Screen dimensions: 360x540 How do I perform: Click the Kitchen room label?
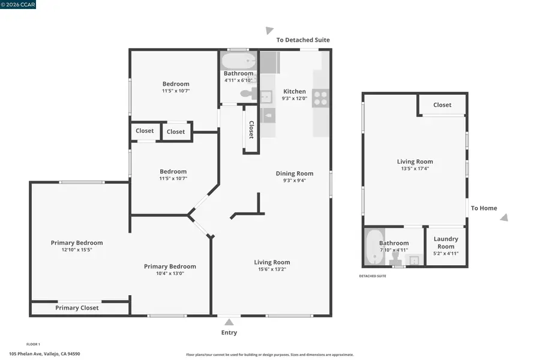[294, 91]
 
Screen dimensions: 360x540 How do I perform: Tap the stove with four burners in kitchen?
[320, 98]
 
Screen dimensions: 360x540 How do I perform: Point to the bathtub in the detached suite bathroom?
[374, 247]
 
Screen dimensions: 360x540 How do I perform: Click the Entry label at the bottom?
[229, 332]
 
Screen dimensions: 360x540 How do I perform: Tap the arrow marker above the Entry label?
[229, 322]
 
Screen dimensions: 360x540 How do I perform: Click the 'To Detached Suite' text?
[302, 40]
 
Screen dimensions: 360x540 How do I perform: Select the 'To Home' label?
[484, 208]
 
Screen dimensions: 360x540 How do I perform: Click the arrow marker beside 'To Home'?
[504, 218]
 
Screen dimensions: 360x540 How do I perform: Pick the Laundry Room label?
[445, 242]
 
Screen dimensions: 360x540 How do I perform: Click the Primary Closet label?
[77, 308]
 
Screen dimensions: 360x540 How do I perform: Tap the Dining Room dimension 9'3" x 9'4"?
[295, 181]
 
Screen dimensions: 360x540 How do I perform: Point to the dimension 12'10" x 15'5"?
[76, 250]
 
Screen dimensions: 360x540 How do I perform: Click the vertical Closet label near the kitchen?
[251, 130]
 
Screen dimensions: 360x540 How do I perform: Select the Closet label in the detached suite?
[442, 105]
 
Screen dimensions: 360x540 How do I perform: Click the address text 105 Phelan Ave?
[44, 354]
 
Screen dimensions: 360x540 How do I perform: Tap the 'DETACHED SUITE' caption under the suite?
[372, 276]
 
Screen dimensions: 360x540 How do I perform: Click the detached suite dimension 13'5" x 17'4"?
[415, 169]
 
